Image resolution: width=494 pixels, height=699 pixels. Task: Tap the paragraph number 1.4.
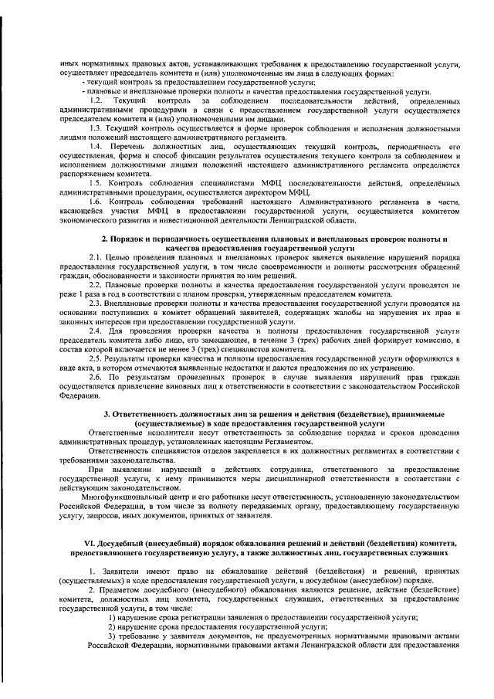pyautogui.click(x=96, y=147)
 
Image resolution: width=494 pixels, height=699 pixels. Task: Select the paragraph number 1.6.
pyautogui.click(x=96, y=202)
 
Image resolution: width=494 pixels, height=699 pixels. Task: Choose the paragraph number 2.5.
pyautogui.click(x=96, y=358)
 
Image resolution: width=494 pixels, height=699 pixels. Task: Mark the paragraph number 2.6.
pyautogui.click(x=96, y=377)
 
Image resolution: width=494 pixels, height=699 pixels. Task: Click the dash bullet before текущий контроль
pyautogui.click(x=83, y=80)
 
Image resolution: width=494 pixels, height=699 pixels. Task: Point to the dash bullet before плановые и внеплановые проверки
pyautogui.click(x=83, y=90)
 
